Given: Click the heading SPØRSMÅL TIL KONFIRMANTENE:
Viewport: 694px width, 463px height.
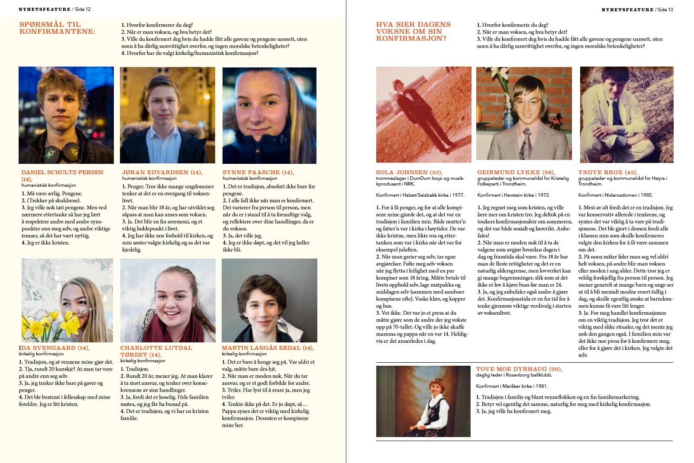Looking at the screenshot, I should pyautogui.click(x=57, y=28).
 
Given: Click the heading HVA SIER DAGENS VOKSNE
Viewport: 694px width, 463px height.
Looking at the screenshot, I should pyautogui.click(x=413, y=32).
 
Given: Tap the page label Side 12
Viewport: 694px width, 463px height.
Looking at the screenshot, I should pyautogui.click(x=83, y=9).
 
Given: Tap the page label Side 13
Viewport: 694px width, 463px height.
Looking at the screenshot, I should pyautogui.click(x=665, y=10).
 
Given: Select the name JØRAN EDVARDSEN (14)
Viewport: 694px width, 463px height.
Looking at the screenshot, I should pyautogui.click(x=162, y=172).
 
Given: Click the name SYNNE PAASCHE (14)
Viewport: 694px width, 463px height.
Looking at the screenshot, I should pyautogui.click(x=258, y=172).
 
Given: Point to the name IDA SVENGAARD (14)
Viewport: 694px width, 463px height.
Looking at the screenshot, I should pyautogui.click(x=54, y=348).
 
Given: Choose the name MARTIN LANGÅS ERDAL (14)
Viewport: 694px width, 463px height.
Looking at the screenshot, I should pyautogui.click(x=268, y=348).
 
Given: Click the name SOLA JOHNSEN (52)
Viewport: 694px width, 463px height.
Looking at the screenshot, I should pyautogui.click(x=409, y=172).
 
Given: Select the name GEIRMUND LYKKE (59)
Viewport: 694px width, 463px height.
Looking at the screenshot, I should pyautogui.click(x=516, y=172).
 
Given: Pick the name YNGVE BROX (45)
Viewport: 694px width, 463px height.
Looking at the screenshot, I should pyautogui.click(x=608, y=172).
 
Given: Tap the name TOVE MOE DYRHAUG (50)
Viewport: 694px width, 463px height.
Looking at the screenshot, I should pyautogui.click(x=519, y=369).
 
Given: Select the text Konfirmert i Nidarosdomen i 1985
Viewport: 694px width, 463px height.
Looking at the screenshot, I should pyautogui.click(x=615, y=195).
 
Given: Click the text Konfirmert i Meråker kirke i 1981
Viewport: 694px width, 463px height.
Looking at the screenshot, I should pyautogui.click(x=512, y=386).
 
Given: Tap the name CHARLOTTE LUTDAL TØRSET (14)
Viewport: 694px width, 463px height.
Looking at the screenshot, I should pyautogui.click(x=156, y=351).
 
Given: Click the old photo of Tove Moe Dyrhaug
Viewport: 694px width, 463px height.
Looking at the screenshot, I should pyautogui.click(x=423, y=401).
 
